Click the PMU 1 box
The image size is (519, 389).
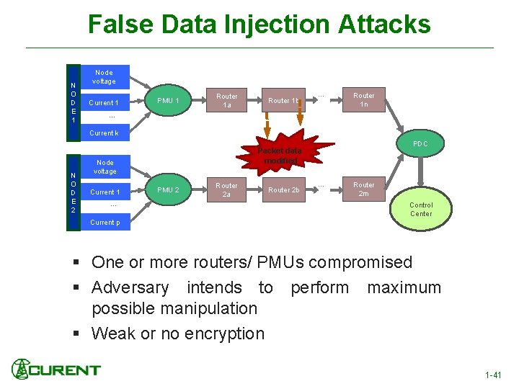coord(168,100)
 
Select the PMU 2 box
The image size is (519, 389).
coord(168,189)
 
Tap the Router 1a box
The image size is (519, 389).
coord(227,100)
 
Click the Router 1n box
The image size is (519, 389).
coord(363,99)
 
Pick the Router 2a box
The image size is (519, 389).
coord(227,189)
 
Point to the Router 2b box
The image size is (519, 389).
coord(283,189)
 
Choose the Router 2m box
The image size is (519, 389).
coord(363,189)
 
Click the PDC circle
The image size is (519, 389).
coord(420,144)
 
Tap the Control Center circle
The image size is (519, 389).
coord(421,209)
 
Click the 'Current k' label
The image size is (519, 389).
coord(104,133)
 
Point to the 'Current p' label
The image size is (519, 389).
coord(105,223)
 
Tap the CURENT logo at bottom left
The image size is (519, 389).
coord(56,370)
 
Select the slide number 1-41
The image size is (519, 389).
coord(494,375)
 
